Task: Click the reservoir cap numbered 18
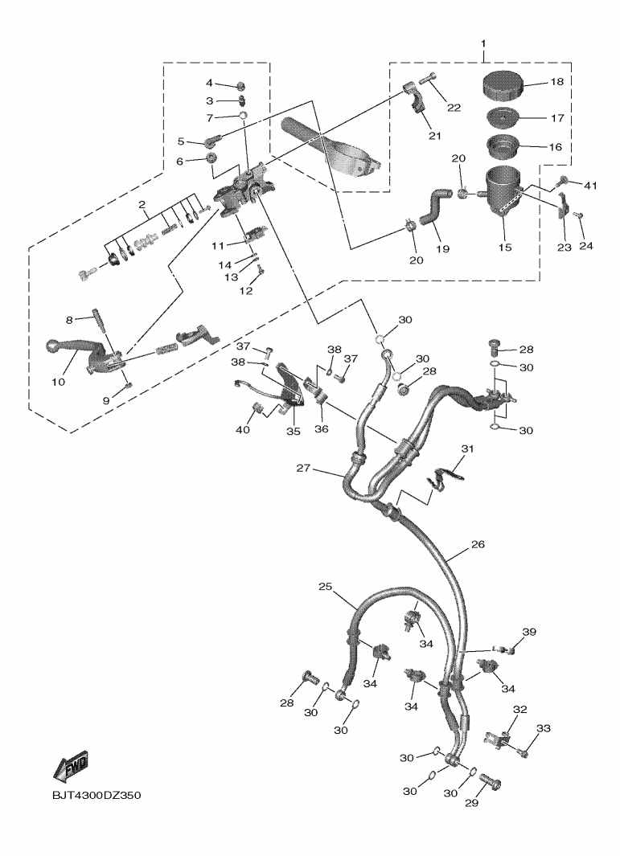503,83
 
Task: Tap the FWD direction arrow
71,766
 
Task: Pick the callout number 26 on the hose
478,544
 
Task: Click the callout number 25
325,587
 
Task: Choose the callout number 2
142,206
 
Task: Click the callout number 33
544,729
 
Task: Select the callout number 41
591,186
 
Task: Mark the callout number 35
294,432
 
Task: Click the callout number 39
528,633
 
